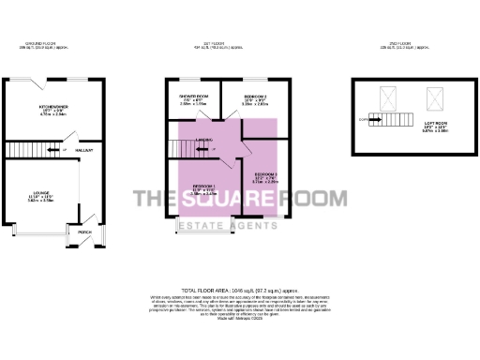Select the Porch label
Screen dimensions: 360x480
(x=83, y=232)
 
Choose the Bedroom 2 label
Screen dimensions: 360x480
(x=255, y=97)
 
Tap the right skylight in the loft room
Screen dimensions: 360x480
(x=434, y=96)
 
